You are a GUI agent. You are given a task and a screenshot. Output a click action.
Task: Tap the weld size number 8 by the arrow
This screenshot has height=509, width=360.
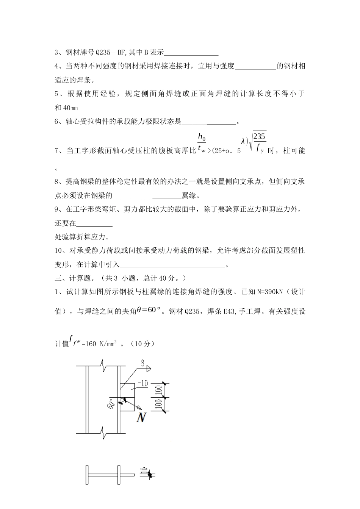[143, 364]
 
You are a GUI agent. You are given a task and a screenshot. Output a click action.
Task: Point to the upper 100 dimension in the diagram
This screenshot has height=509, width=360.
[159, 390]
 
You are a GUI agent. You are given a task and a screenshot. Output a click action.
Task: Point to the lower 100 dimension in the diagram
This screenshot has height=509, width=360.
[159, 404]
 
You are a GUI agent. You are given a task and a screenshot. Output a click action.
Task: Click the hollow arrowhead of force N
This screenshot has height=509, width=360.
[139, 408]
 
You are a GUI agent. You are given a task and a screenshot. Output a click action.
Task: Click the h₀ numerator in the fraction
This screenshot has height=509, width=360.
[201, 137]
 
